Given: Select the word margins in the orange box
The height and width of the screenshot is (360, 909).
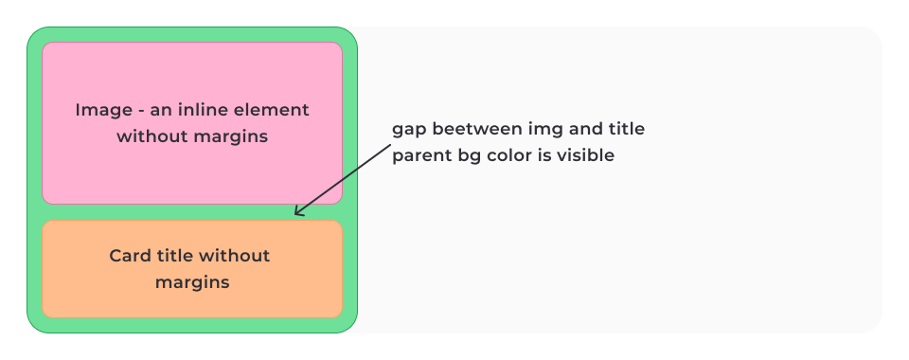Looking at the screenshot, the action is click(x=192, y=283).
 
